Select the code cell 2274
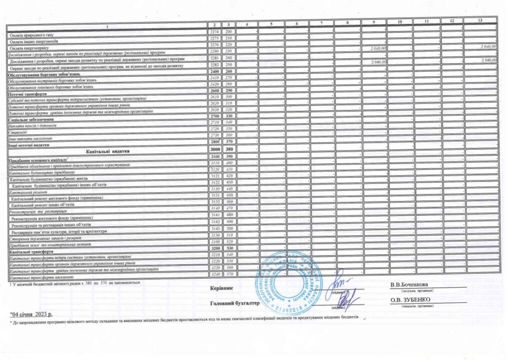tap(214, 32)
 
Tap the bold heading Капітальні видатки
tap(108, 149)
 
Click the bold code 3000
tap(214, 149)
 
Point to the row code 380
tap(229, 149)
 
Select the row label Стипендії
tap(18, 132)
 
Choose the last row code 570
tap(229, 274)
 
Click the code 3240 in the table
tap(214, 274)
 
